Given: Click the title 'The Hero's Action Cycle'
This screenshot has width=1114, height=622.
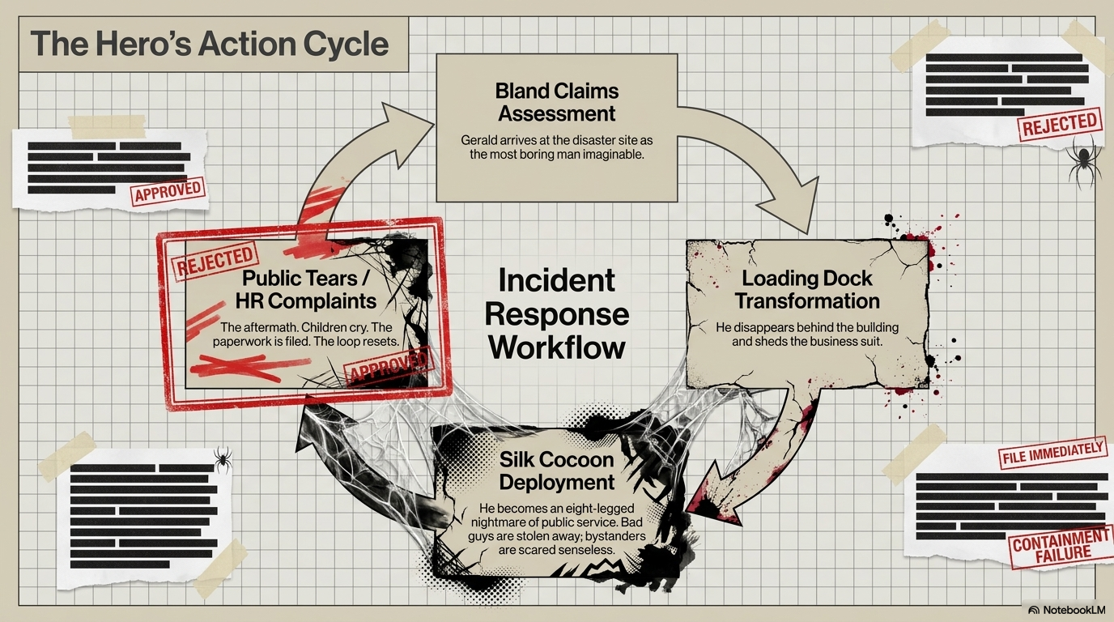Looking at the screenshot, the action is tap(210, 44).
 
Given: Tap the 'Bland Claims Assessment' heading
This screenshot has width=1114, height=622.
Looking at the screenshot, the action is tap(556, 102).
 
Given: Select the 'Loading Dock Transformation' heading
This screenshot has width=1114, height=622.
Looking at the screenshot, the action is tap(807, 290).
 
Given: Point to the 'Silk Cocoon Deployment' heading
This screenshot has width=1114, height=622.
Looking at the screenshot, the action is tap(556, 471).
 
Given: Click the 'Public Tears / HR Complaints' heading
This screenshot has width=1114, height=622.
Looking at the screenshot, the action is tap(305, 290).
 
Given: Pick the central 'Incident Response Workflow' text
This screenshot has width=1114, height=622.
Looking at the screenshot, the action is tap(557, 313).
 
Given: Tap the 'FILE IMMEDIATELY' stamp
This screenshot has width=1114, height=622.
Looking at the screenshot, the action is tap(1052, 452).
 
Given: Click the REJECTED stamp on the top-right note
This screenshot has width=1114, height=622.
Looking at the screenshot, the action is tap(1059, 125).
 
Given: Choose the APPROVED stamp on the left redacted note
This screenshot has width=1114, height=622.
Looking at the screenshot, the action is tap(168, 190).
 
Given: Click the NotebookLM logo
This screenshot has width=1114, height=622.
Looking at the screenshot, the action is tap(1065, 610).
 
